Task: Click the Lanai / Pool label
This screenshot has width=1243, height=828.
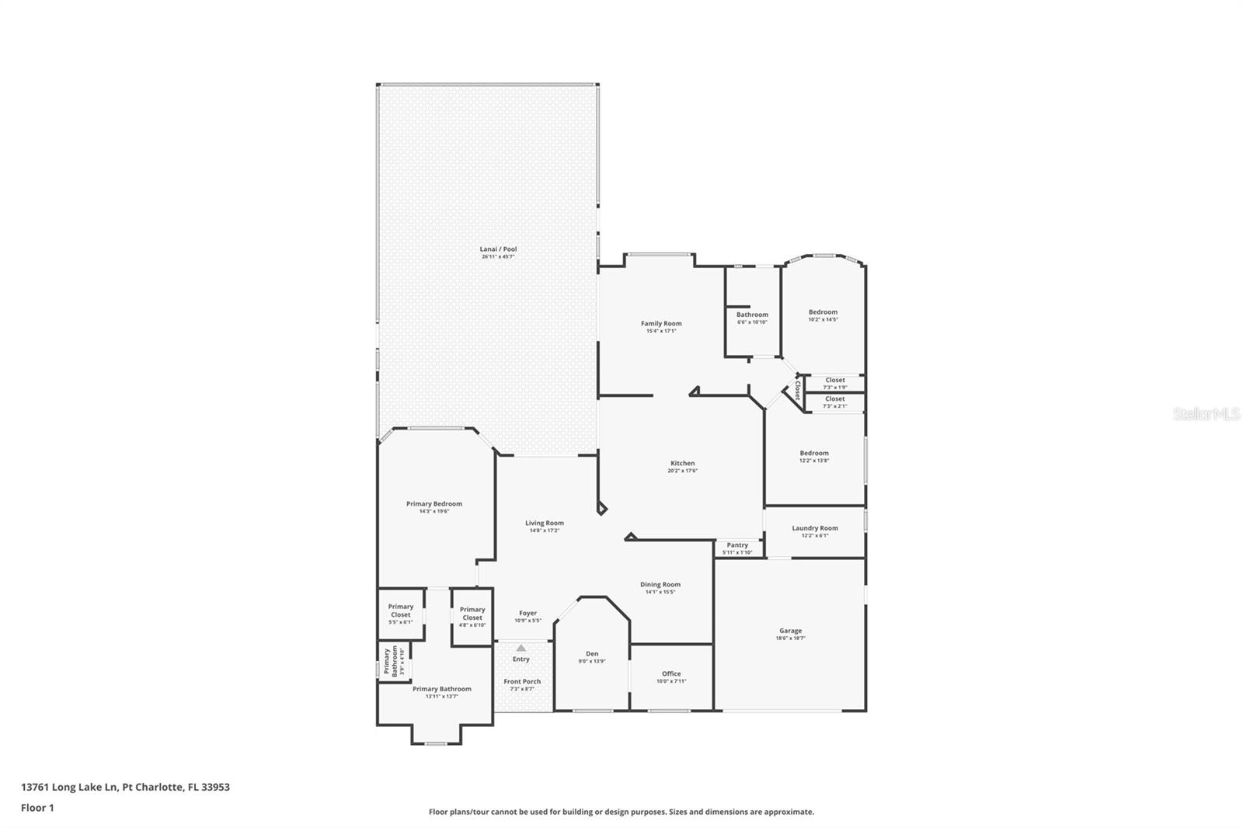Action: coord(498,249)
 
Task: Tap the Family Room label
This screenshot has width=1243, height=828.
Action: coord(661,324)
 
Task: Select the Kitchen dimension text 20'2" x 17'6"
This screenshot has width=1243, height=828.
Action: coord(682,471)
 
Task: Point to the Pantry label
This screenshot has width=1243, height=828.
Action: coord(737,545)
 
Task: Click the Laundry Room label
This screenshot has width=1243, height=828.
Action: coord(815,528)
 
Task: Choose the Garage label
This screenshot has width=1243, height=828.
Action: coord(790,631)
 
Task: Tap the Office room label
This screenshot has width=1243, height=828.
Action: coord(671,673)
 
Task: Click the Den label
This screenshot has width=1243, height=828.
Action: coord(592,654)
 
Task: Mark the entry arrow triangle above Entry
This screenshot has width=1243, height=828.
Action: coord(521,648)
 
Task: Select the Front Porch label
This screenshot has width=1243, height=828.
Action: coord(522,681)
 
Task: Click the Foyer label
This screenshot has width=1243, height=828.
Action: coord(527,613)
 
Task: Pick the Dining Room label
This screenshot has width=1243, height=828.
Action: coord(660,584)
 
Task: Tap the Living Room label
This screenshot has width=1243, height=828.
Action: coord(544,523)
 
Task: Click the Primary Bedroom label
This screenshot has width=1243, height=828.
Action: coord(433,504)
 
